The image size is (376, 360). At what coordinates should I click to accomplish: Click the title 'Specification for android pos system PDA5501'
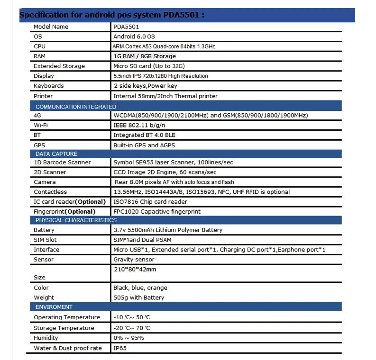point(112,15)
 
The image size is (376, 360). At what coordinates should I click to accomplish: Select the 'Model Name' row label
point(51,27)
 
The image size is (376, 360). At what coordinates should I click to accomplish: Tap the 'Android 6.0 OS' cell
point(134,36)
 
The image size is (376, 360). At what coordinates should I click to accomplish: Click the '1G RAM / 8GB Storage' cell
point(144,56)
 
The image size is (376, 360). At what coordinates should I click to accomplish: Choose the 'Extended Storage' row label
point(59,66)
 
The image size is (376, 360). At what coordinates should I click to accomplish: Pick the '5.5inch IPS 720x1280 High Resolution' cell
point(160,76)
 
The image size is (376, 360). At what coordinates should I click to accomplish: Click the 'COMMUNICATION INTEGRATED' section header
point(75,107)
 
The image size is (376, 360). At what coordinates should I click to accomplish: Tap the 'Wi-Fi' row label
point(41,126)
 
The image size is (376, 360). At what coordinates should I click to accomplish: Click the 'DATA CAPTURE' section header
point(56,154)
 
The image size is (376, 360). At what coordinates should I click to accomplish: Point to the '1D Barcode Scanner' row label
point(62,162)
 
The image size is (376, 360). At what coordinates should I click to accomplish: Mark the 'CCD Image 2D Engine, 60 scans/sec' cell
point(165,172)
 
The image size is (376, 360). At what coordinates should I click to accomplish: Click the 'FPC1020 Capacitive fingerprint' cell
point(156,212)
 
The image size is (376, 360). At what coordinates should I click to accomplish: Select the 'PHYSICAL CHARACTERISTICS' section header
point(76,220)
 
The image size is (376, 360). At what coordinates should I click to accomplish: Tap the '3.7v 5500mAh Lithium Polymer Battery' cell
point(168,230)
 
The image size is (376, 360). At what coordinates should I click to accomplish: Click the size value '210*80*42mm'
point(135,270)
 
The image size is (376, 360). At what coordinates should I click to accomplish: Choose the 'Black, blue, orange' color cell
point(140,288)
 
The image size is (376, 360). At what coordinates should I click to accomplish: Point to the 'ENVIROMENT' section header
point(54,307)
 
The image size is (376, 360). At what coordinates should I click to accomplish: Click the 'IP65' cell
point(120,348)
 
